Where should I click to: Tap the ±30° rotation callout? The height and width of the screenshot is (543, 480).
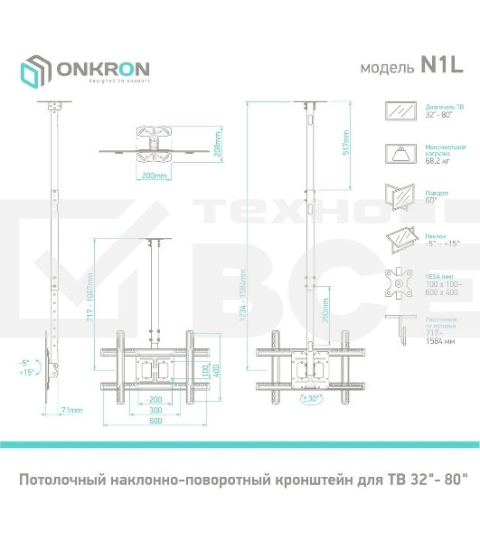pyautogui.click(x=313, y=396)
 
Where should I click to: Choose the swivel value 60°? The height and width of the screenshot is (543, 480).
pyautogui.click(x=431, y=200)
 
